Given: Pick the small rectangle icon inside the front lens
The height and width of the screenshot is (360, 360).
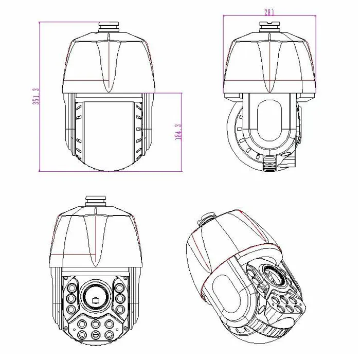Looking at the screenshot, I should pyautogui.click(x=95, y=299).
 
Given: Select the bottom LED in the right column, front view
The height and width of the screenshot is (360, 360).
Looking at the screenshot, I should pyautogui.click(x=120, y=309).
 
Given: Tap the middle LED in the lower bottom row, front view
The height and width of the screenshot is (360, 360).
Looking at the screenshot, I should pyautogui.click(x=95, y=335).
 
